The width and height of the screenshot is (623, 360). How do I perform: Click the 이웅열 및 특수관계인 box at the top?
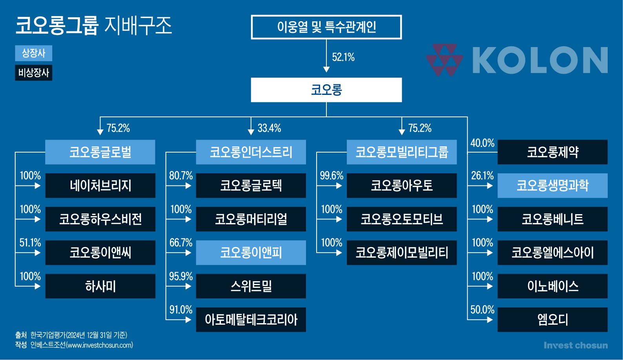pyautogui.click(x=326, y=27)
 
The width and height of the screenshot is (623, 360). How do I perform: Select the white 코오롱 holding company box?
pyautogui.click(x=326, y=90)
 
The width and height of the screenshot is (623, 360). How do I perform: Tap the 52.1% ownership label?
pyautogui.click(x=343, y=57)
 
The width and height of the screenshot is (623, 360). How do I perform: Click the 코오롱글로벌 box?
pyautogui.click(x=100, y=152)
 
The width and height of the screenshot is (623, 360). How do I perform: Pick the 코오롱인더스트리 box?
pyautogui.click(x=251, y=152)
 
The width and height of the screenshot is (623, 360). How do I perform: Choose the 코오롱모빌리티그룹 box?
pyautogui.click(x=402, y=152)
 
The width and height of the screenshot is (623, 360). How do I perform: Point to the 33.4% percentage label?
pyautogui.click(x=269, y=128)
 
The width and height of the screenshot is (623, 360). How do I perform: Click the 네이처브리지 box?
pyautogui.click(x=100, y=186)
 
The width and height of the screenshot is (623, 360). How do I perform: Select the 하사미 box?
pyautogui.click(x=100, y=286)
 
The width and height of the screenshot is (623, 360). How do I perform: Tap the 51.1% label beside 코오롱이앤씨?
pyautogui.click(x=30, y=243)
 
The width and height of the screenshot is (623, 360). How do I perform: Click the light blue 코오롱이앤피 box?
pyautogui.click(x=251, y=253)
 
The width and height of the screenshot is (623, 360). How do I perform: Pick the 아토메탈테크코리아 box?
pyautogui.click(x=251, y=320)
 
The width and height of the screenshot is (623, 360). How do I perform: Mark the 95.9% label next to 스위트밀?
pyautogui.click(x=181, y=276)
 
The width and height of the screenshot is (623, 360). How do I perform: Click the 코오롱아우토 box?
pyautogui.click(x=402, y=186)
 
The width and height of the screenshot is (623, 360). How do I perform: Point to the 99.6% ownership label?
pyautogui.click(x=332, y=175)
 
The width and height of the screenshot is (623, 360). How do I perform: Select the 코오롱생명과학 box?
pyautogui.click(x=552, y=186)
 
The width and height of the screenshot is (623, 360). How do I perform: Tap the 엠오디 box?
pyautogui.click(x=552, y=320)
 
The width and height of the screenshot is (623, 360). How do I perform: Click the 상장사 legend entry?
pyautogui.click(x=34, y=53)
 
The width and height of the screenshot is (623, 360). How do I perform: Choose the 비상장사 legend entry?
pyautogui.click(x=34, y=73)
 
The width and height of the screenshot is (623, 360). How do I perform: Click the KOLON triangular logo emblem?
pyautogui.click(x=444, y=60)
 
